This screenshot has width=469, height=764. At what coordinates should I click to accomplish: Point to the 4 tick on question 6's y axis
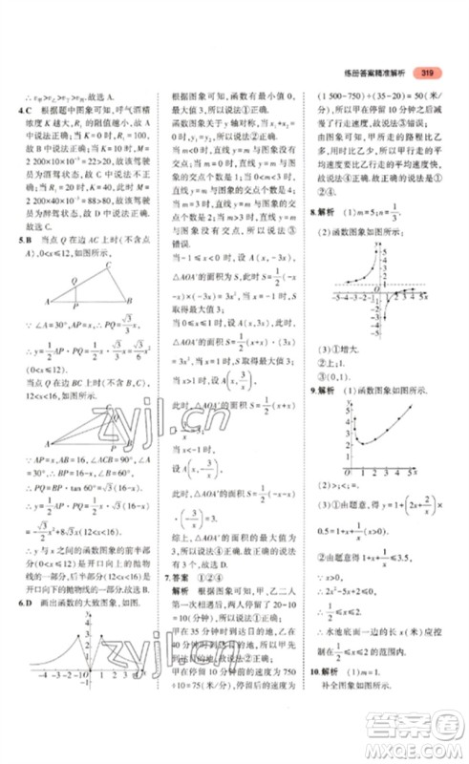pos(83,624)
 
